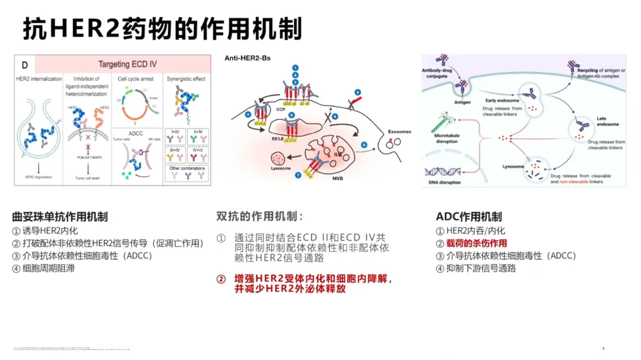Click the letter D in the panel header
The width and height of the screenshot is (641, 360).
point(24,64)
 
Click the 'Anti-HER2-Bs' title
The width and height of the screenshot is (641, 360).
point(246,58)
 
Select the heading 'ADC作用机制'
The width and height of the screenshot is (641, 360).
point(468,217)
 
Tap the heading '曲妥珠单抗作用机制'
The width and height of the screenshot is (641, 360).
point(60,217)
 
